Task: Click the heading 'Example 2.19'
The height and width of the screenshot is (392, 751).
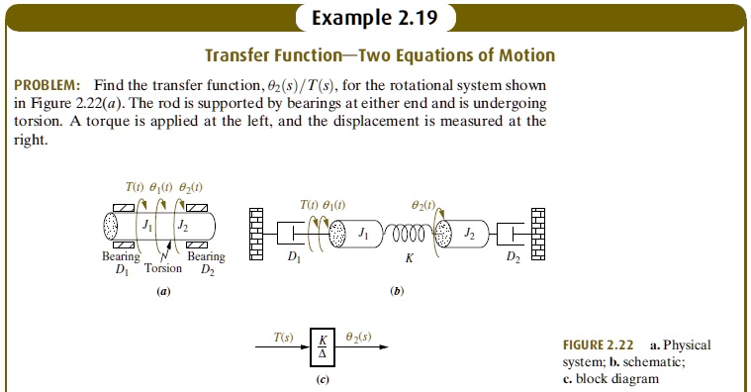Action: coord(375,19)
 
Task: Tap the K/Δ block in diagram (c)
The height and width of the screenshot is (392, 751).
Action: coord(324,345)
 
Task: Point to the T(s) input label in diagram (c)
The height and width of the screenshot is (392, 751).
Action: coord(282,337)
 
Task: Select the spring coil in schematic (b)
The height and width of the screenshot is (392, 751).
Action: coord(409,235)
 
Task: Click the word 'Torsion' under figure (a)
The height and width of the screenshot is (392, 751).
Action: coord(163,268)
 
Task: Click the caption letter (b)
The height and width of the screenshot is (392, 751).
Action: coord(398,292)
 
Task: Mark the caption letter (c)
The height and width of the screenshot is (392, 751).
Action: coord(323,379)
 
